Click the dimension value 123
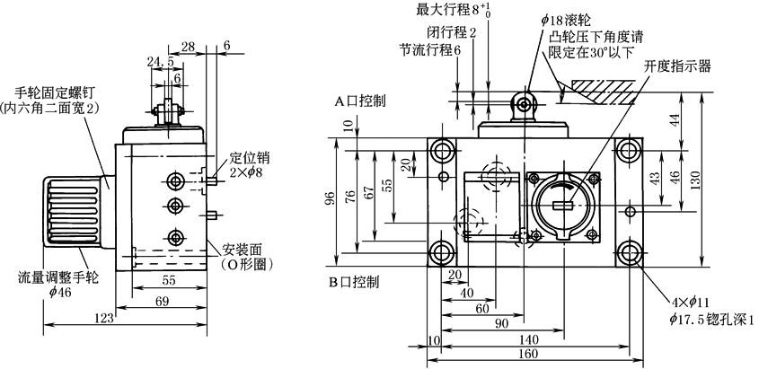coord(104,318)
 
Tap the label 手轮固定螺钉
coord(53,92)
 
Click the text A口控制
coord(360,101)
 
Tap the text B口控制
coord(354,281)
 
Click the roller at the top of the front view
coord(523,101)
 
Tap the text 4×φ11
coord(691,303)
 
